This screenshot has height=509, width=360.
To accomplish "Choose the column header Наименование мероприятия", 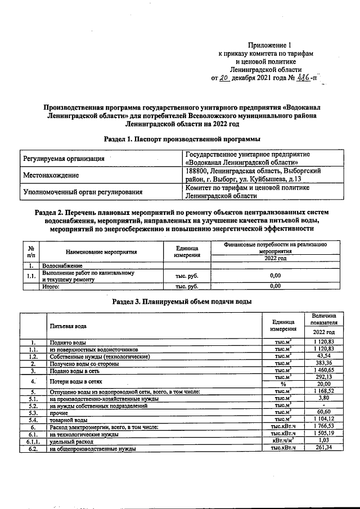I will pyautogui.click(x=101, y=253).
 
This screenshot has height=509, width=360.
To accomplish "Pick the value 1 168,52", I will pyautogui.click(x=322, y=391).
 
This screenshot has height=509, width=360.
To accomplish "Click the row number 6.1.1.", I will pyautogui.click(x=33, y=441).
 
